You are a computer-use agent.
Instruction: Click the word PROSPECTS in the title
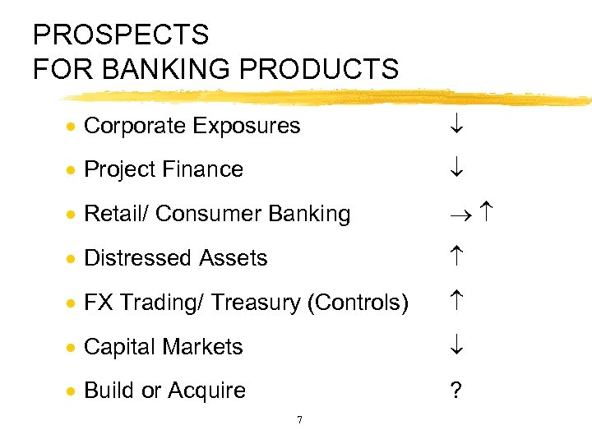(x=121, y=35)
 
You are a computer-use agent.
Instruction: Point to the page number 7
(x=298, y=420)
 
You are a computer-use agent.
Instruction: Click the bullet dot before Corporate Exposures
(x=73, y=127)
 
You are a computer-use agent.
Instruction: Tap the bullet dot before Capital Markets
(x=73, y=348)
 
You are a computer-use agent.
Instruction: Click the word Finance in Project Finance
(x=206, y=169)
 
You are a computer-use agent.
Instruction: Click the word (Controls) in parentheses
(x=358, y=303)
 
